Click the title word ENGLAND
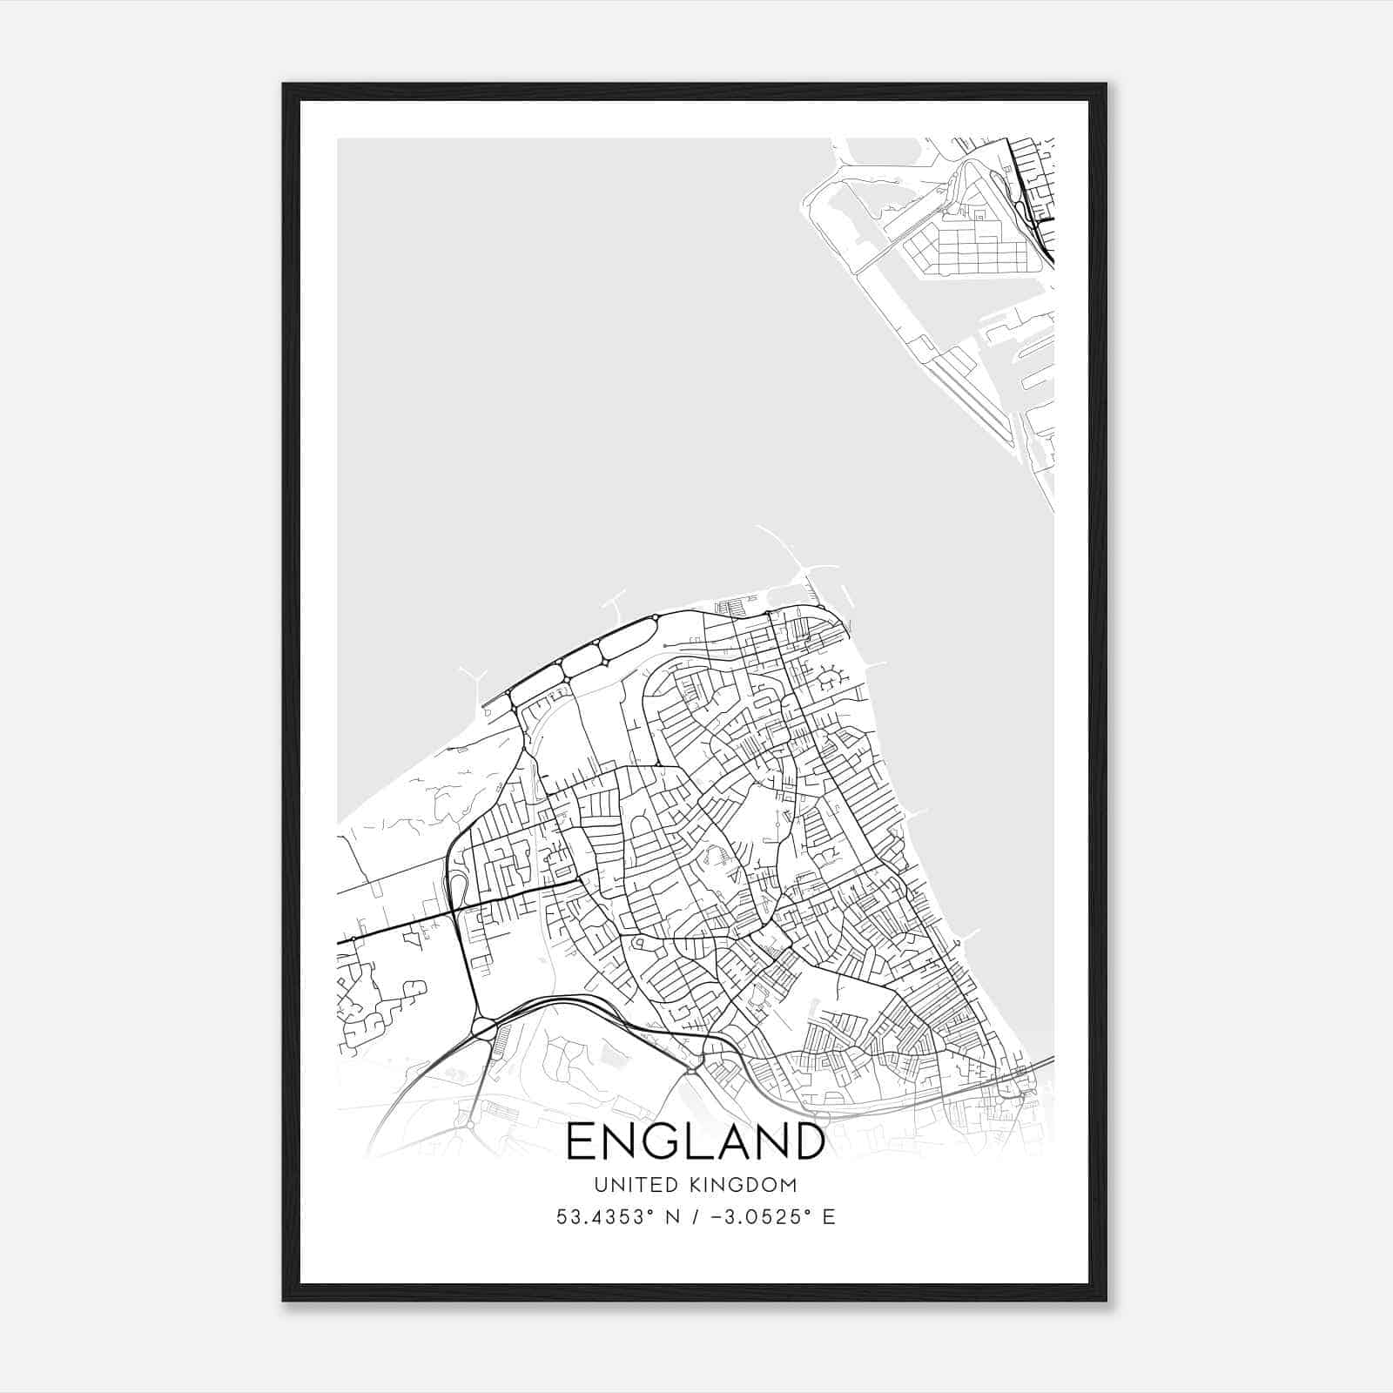pyautogui.click(x=695, y=1141)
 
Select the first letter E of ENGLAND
pyautogui.click(x=582, y=1141)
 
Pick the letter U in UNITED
pyautogui.click(x=601, y=1185)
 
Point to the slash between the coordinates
pyautogui.click(x=692, y=1217)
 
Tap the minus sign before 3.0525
pyautogui.click(x=716, y=1217)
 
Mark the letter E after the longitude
pyautogui.click(x=829, y=1217)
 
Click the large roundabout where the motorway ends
pyautogui.click(x=483, y=1028)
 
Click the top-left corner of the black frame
pyautogui.click(x=284, y=84)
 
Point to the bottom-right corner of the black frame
pyautogui.click(x=1106, y=1301)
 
